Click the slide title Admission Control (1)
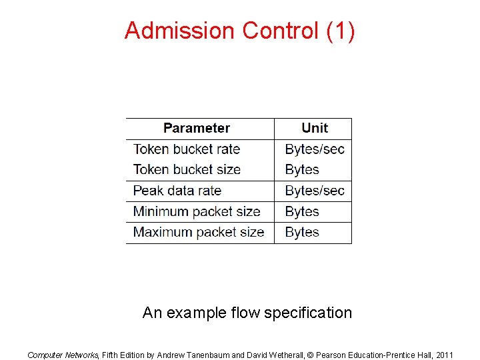239,31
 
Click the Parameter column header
196,128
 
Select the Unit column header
315,128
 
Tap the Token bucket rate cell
187,149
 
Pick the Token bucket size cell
187,169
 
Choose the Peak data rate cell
177,191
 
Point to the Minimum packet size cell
197,211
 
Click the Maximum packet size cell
199,232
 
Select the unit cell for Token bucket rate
315,149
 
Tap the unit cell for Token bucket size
302,169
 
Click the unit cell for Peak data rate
315,191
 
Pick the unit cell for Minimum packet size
302,211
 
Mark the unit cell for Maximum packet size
302,232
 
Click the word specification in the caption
307,313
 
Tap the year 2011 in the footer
443,355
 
